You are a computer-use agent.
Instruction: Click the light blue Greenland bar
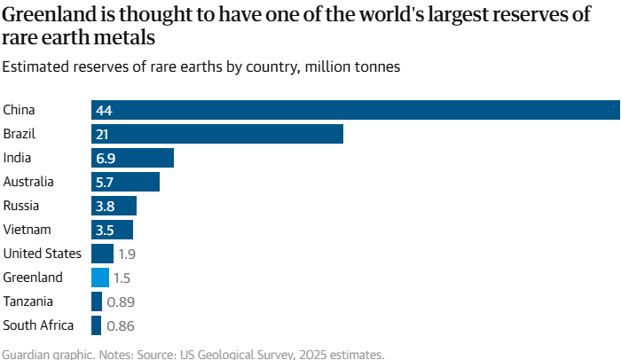(x=100, y=278)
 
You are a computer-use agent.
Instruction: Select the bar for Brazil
(x=216, y=134)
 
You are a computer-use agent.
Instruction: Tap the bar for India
(x=132, y=158)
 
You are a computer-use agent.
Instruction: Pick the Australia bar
(x=125, y=182)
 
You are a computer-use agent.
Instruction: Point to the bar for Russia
(x=114, y=206)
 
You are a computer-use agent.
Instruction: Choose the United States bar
(x=102, y=254)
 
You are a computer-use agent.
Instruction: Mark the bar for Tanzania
(x=97, y=301)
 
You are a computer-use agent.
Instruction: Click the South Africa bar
(x=97, y=325)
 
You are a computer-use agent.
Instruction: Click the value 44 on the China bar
(x=104, y=110)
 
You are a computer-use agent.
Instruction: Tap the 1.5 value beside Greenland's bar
(x=122, y=278)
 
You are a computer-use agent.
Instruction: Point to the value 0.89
(x=121, y=301)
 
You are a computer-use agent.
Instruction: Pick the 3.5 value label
(x=106, y=230)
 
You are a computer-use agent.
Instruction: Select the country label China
(x=19, y=110)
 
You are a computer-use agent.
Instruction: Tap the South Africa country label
(x=39, y=325)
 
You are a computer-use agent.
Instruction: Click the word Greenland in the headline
(x=51, y=16)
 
